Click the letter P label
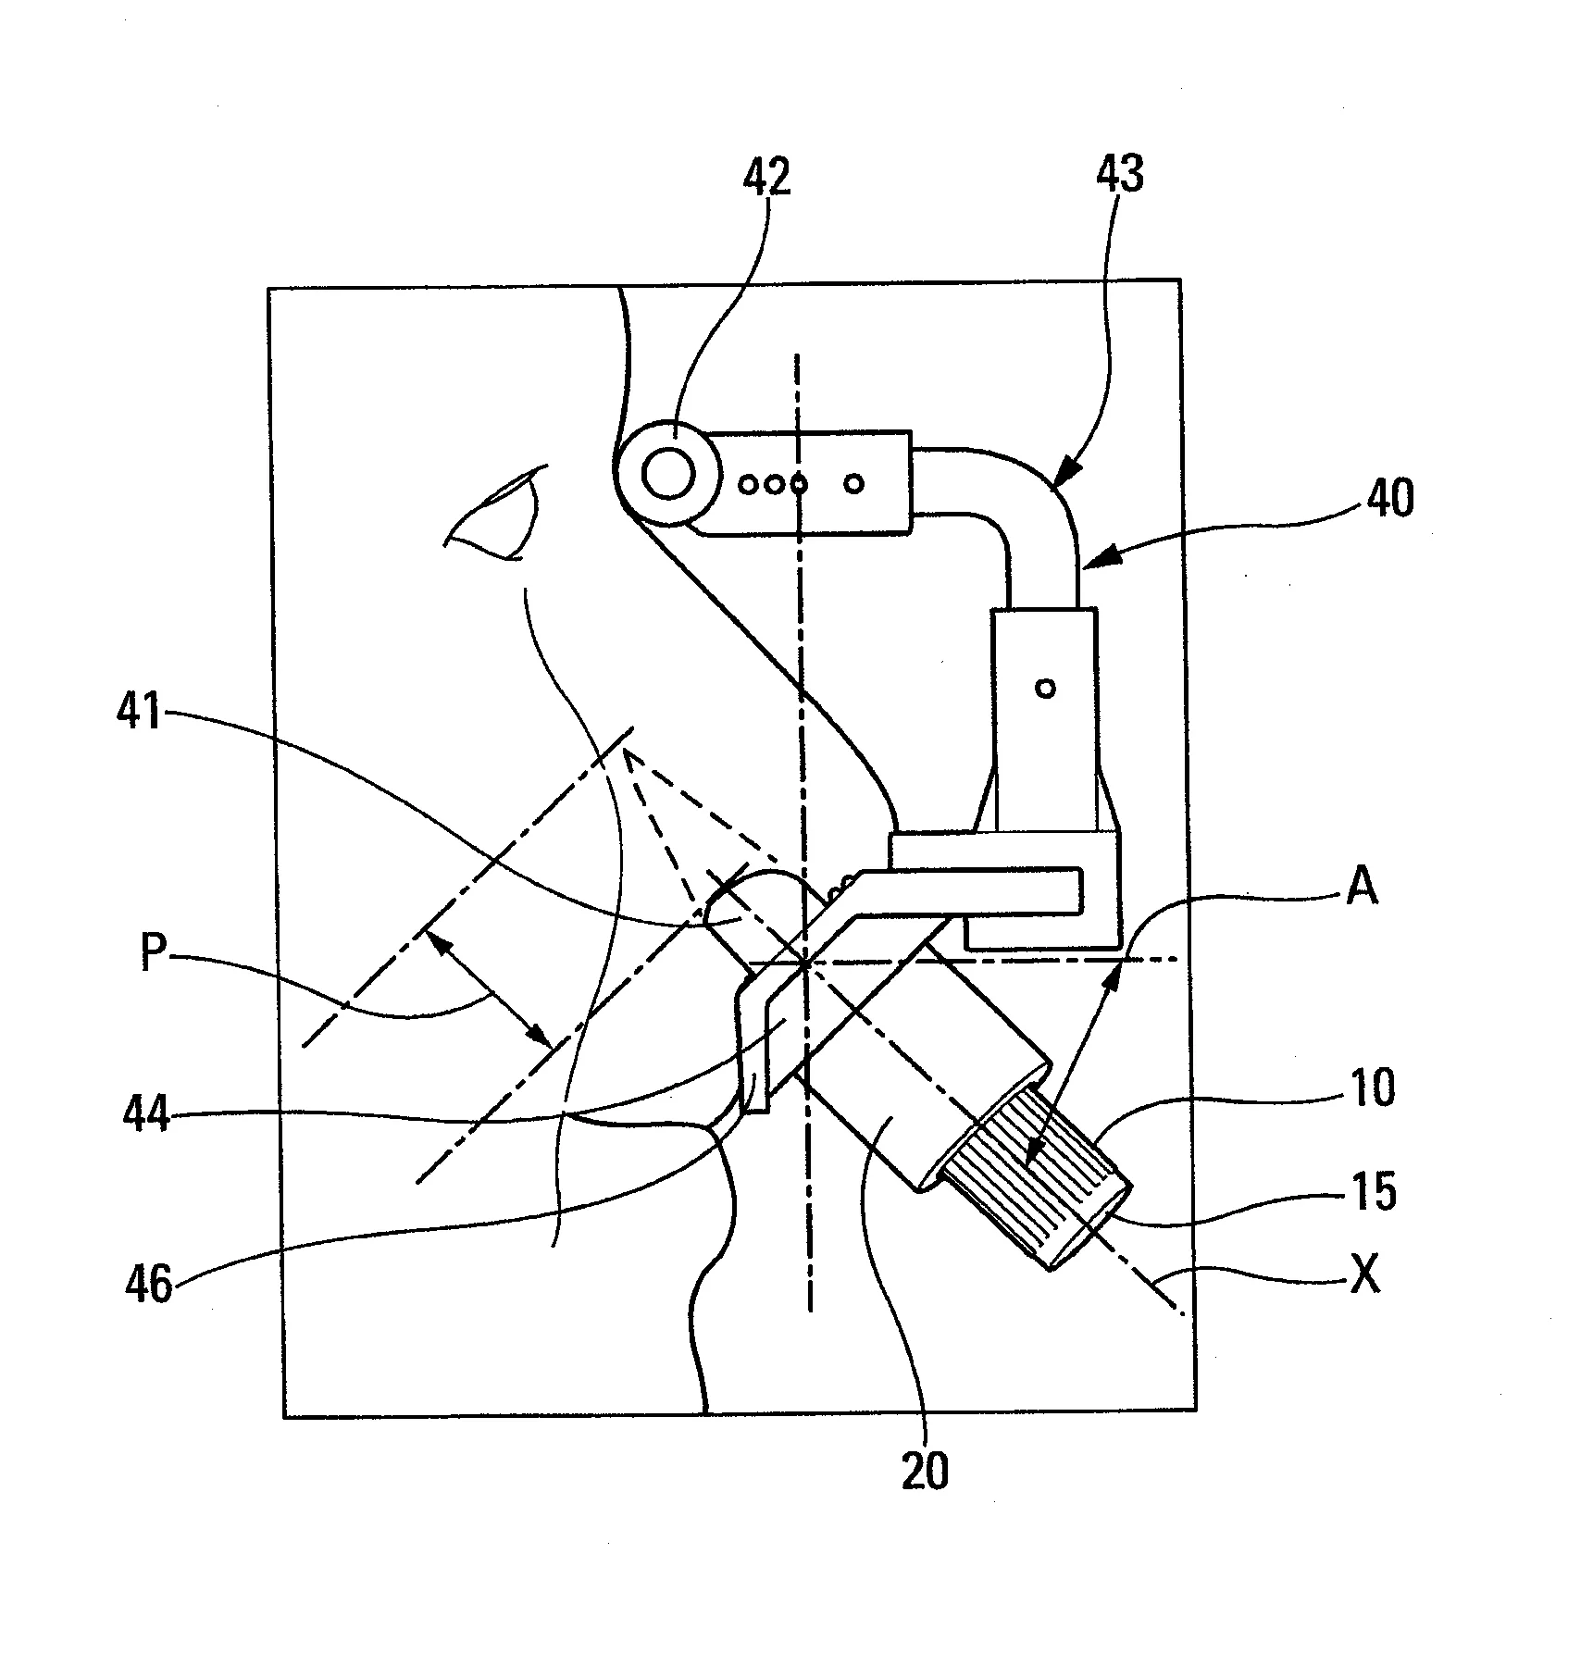[154, 952]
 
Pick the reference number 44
[146, 1113]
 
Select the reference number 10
[1373, 1088]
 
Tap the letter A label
[1362, 888]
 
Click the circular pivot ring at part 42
[669, 477]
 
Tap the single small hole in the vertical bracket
[1046, 688]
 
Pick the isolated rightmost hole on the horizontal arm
[855, 482]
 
